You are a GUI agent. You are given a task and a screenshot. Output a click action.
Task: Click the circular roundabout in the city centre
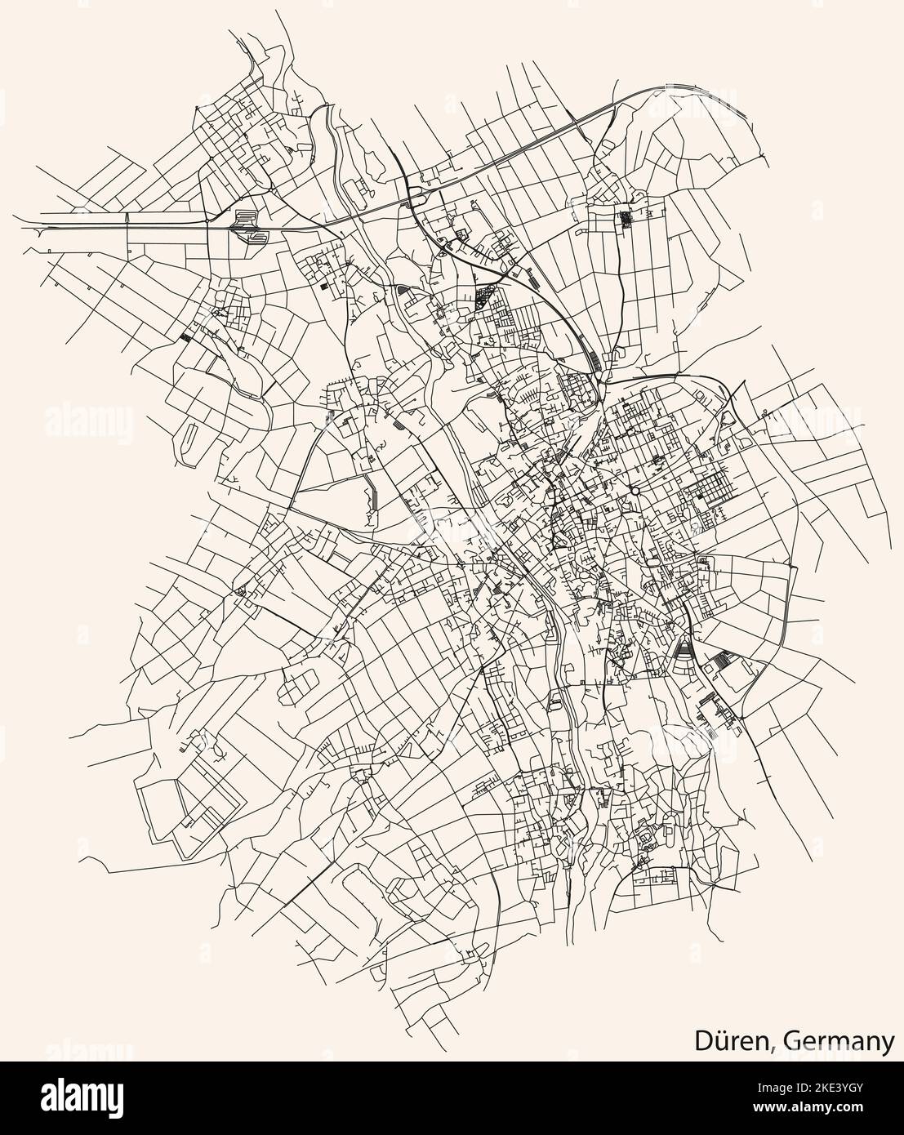coord(634,492)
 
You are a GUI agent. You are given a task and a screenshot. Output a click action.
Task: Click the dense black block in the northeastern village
coord(626,218)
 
